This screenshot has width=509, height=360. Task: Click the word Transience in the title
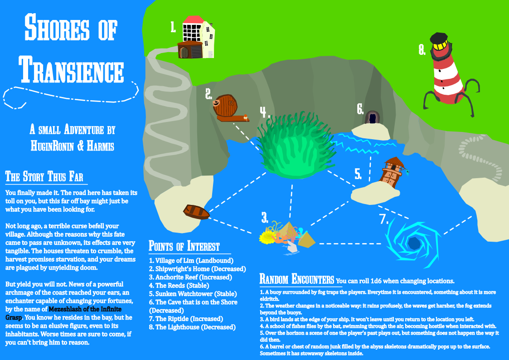[71, 69]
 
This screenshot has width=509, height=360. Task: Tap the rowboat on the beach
[196, 212]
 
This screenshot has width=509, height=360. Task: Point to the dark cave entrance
[372, 117]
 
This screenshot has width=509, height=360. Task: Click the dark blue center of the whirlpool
[413, 243]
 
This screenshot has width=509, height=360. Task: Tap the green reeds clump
[296, 145]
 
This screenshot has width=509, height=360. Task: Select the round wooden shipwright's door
[225, 106]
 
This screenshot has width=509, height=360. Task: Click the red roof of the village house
[193, 19]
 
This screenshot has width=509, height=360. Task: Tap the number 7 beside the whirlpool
[384, 219]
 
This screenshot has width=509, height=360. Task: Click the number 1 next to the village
[173, 27]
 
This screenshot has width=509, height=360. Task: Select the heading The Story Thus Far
[44, 176]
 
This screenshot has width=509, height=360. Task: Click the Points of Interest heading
[184, 246]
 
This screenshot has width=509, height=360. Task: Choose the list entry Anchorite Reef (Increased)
[190, 277]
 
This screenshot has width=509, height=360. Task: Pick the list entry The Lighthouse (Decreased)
[193, 327]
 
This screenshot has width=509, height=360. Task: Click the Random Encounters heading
[297, 279]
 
